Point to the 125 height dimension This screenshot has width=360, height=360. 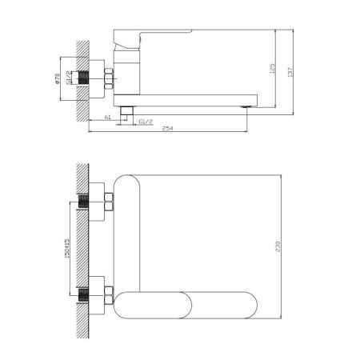[273, 70]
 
